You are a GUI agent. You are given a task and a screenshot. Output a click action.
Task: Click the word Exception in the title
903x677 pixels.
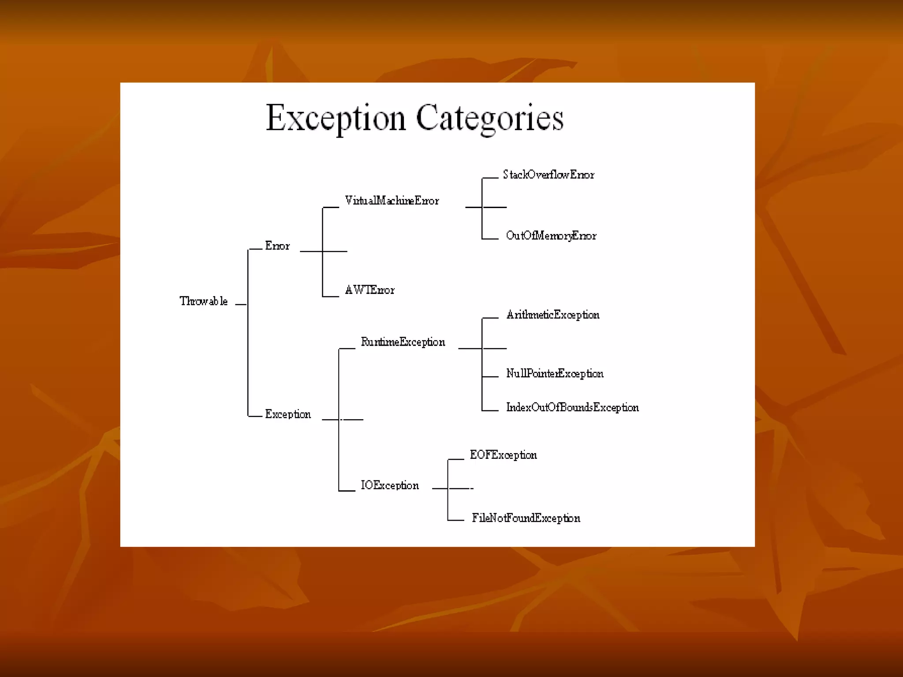336,118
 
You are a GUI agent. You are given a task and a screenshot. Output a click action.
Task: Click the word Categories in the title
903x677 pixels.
489,118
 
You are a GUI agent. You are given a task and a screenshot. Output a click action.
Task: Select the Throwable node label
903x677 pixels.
204,301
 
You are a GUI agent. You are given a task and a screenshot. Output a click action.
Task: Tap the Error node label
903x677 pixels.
277,246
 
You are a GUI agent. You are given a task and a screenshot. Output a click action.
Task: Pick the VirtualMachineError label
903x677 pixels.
392,201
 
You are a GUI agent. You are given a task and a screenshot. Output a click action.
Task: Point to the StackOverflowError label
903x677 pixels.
549,175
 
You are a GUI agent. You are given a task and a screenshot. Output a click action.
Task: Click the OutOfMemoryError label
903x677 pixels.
551,236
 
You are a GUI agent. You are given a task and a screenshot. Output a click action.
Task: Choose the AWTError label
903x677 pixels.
370,290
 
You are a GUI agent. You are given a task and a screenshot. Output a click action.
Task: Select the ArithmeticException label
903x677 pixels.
553,315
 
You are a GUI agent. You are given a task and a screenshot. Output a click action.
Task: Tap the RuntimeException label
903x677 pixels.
403,342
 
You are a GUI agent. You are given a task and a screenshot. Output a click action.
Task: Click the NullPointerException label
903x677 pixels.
555,374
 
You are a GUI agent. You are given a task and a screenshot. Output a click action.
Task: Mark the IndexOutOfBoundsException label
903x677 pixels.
572,407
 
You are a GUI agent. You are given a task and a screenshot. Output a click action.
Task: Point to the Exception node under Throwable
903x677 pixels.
288,414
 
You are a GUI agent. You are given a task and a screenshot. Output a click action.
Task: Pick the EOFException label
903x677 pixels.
503,455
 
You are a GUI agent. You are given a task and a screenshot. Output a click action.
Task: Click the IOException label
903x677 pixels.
390,486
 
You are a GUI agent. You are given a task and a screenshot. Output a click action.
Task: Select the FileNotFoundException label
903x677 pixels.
526,518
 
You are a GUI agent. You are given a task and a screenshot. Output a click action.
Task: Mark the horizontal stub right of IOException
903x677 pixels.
440,488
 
